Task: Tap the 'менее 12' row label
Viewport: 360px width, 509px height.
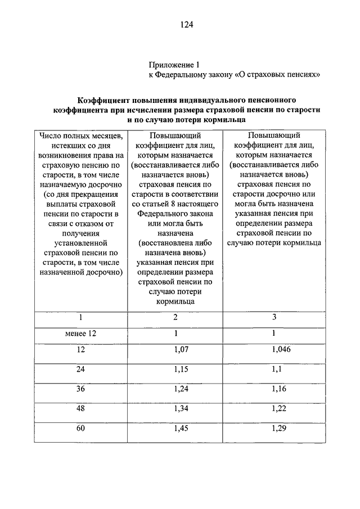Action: tap(81, 334)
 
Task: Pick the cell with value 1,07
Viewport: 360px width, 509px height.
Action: tap(175, 349)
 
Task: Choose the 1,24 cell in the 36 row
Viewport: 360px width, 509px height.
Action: tap(175, 389)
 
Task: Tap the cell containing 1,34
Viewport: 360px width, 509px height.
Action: tap(175, 408)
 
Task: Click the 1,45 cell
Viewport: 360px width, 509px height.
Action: tap(175, 429)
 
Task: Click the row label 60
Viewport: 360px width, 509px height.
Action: tap(81, 429)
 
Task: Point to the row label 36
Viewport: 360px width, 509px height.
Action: tap(81, 389)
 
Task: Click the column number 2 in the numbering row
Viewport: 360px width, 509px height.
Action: tap(175, 317)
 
